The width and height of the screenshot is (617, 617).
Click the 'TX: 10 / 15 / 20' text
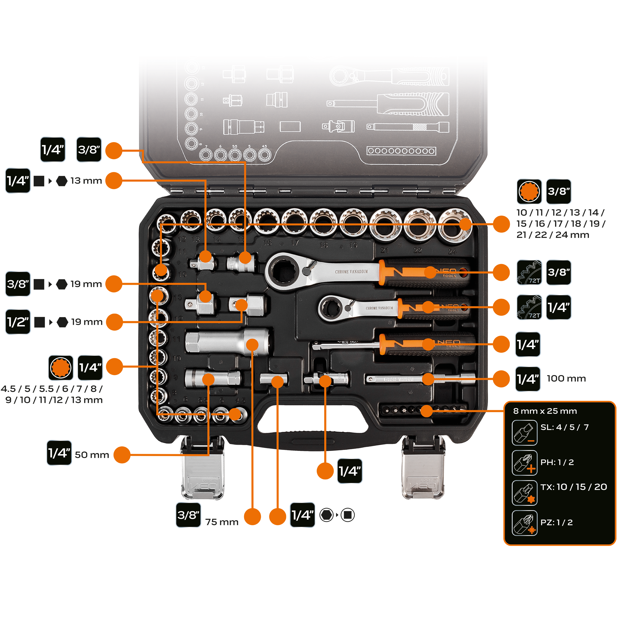pyautogui.click(x=574, y=487)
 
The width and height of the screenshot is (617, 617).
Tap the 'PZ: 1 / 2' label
pyautogui.click(x=556, y=522)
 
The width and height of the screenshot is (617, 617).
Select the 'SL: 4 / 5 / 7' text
pyautogui.click(x=564, y=427)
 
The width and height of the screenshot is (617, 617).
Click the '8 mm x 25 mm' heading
pyautogui.click(x=545, y=411)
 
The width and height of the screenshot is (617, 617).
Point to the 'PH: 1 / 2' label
pyautogui.click(x=557, y=462)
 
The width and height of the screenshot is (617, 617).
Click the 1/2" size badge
pyautogui.click(x=18, y=322)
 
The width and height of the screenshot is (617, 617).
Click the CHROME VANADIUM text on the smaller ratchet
pyautogui.click(x=379, y=308)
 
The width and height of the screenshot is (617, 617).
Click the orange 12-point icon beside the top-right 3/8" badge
pyautogui.click(x=529, y=191)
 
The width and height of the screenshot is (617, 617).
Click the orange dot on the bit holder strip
pyautogui.click(x=426, y=411)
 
